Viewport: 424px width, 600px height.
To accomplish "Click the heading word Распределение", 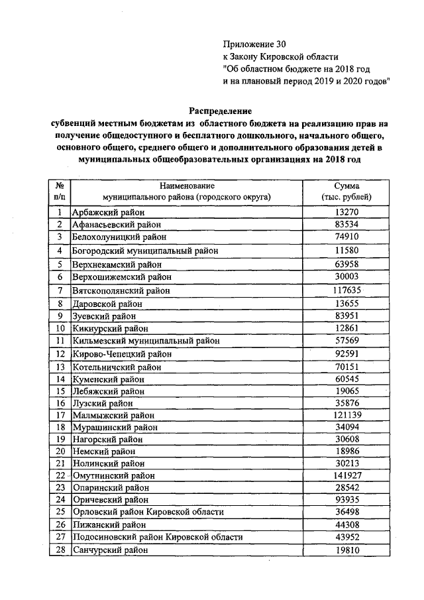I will click(x=220, y=110).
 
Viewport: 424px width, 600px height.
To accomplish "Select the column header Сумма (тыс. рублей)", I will click(x=346, y=192).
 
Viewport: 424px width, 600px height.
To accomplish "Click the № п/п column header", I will click(x=60, y=192).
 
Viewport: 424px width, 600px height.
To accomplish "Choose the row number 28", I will click(x=60, y=550).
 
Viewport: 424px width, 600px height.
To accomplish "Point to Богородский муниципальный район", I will click(x=144, y=251).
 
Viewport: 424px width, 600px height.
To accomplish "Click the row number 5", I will click(x=60, y=264).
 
